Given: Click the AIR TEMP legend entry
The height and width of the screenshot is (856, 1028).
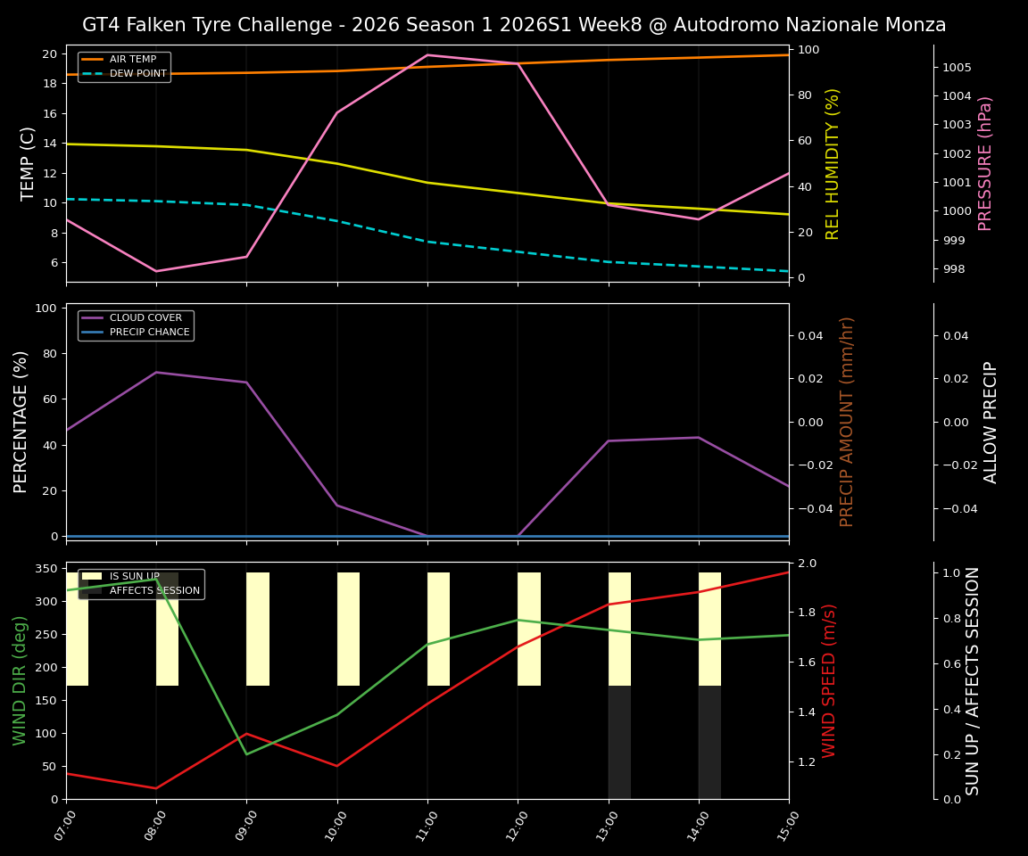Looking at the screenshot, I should tap(132, 60).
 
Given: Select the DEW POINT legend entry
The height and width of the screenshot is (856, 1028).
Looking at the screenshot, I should tap(137, 74).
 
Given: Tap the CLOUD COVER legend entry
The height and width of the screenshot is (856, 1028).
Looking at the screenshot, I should tap(145, 318).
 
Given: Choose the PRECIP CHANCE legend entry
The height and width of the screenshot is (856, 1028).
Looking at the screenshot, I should tap(149, 333).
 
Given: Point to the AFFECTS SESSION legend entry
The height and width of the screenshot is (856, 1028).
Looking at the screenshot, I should tap(154, 591).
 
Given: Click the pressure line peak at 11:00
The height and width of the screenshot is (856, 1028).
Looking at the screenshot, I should tap(427, 54).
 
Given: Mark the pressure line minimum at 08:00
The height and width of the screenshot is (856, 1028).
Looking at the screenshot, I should tap(156, 271).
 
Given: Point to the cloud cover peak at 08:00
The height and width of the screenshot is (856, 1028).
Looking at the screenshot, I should tap(156, 372).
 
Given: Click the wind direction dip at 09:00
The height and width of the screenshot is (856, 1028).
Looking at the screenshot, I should tap(247, 754).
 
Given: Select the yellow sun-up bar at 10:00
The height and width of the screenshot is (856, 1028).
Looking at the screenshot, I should tap(348, 629).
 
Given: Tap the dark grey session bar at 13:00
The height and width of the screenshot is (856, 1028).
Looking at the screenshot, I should tap(619, 742).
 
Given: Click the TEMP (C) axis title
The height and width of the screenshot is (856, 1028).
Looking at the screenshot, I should tap(29, 163).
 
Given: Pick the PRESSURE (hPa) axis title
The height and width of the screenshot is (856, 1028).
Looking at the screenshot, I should tap(985, 163).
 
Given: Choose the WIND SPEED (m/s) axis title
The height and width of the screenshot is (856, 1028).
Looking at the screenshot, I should tap(830, 680).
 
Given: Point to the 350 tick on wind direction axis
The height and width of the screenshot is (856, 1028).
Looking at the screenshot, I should tap(49, 569).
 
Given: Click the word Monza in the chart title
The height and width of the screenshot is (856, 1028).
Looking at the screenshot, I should tap(915, 25).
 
